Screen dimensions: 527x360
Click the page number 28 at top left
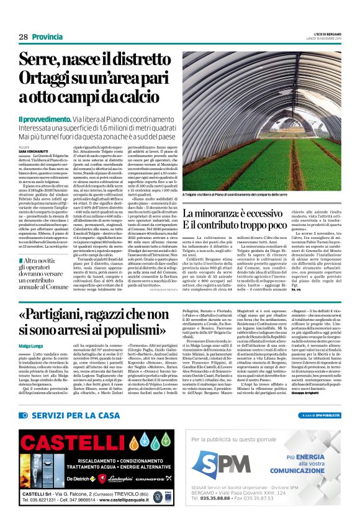[23, 37]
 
